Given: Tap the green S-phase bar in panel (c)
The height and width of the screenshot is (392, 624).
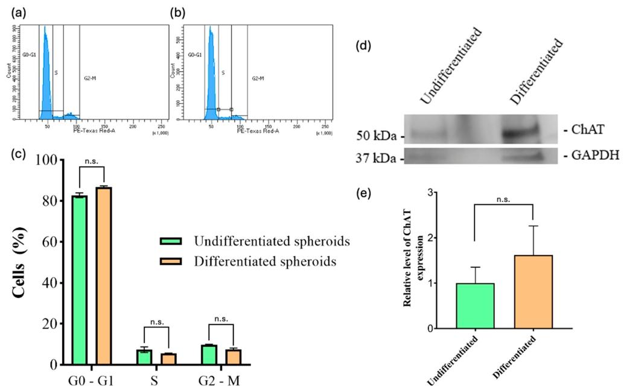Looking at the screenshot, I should [x=144, y=357].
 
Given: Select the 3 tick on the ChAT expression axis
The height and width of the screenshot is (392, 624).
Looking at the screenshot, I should [x=439, y=192].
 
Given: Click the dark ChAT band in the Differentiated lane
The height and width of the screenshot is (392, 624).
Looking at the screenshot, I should [x=521, y=131].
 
